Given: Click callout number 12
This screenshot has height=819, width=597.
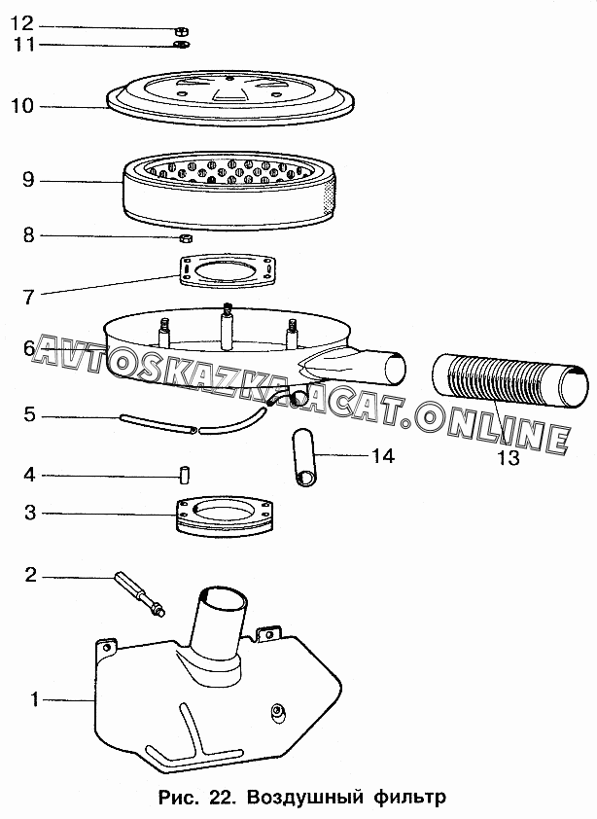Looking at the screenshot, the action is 22,23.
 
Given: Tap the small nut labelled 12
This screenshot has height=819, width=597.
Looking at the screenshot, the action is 181,31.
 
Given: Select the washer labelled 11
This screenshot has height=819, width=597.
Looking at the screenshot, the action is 182,44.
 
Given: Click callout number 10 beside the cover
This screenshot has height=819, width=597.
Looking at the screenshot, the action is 22,106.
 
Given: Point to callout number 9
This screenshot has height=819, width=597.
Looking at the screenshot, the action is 28,180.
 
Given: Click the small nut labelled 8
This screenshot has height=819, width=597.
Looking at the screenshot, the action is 186,238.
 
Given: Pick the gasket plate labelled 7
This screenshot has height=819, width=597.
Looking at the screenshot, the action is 228,270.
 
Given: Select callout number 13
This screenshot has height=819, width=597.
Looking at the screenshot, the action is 509,457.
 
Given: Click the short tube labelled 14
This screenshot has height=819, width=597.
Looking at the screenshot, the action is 306,457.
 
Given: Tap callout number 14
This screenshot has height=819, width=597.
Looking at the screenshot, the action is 383,456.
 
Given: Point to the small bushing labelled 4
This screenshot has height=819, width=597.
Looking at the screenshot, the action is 184,476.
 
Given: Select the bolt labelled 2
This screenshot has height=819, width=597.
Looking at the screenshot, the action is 139,594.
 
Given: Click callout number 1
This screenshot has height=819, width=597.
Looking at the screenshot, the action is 34,698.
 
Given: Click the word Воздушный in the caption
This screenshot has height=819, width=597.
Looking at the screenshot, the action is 304,797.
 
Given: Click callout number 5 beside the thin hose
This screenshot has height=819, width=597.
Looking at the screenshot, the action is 29,415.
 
